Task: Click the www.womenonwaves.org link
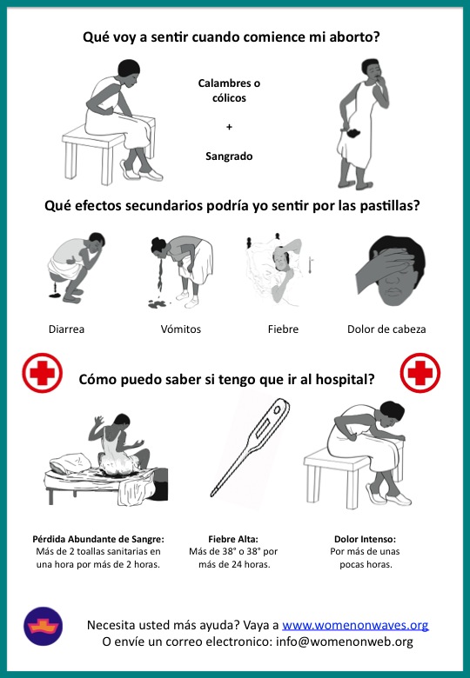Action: pyautogui.click(x=355, y=625)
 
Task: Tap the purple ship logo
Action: pyautogui.click(x=43, y=626)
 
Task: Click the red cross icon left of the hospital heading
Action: pyautogui.click(x=42, y=373)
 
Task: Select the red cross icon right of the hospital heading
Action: pyautogui.click(x=420, y=373)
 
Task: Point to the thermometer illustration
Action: pyautogui.click(x=251, y=448)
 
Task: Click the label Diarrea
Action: pyautogui.click(x=66, y=329)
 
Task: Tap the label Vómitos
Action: pyautogui.click(x=180, y=329)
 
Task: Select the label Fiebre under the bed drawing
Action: pyautogui.click(x=283, y=329)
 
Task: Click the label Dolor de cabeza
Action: pyautogui.click(x=386, y=329)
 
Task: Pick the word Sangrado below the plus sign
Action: pyautogui.click(x=229, y=156)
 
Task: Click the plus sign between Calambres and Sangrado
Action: pyautogui.click(x=229, y=127)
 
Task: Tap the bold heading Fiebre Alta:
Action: pyautogui.click(x=233, y=539)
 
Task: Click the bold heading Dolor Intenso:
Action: pyautogui.click(x=365, y=539)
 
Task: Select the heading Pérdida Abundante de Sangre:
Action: pyautogui.click(x=98, y=539)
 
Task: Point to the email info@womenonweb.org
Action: pyautogui.click(x=345, y=641)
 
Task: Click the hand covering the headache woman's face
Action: pyautogui.click(x=382, y=268)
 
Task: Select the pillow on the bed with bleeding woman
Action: pyautogui.click(x=70, y=462)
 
